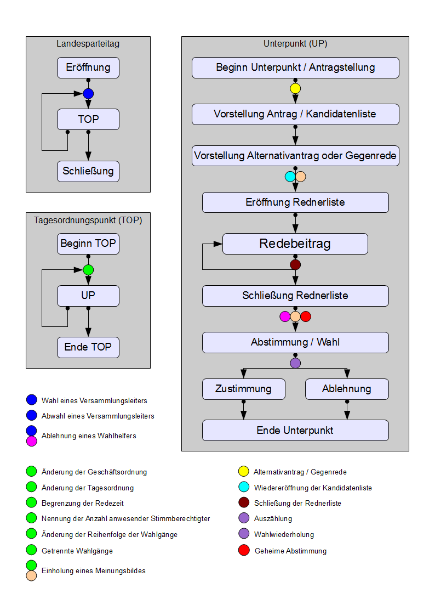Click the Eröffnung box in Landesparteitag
click(88, 68)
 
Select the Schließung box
click(88, 171)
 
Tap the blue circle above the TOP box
click(88, 93)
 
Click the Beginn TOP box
click(88, 244)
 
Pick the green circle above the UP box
click(88, 270)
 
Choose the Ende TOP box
click(88, 347)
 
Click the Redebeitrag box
click(295, 244)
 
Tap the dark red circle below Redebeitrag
click(295, 265)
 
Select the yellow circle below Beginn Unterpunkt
click(295, 88)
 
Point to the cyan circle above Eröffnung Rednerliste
click(290, 177)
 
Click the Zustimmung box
click(244, 389)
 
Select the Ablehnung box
click(347, 389)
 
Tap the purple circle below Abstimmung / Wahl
click(295, 363)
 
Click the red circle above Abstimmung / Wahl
click(306, 317)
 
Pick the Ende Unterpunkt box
click(295, 431)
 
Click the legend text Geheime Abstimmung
click(290, 551)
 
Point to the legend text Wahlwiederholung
click(284, 534)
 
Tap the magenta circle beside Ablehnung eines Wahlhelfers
click(31, 440)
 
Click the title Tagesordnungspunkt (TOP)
click(88, 221)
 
